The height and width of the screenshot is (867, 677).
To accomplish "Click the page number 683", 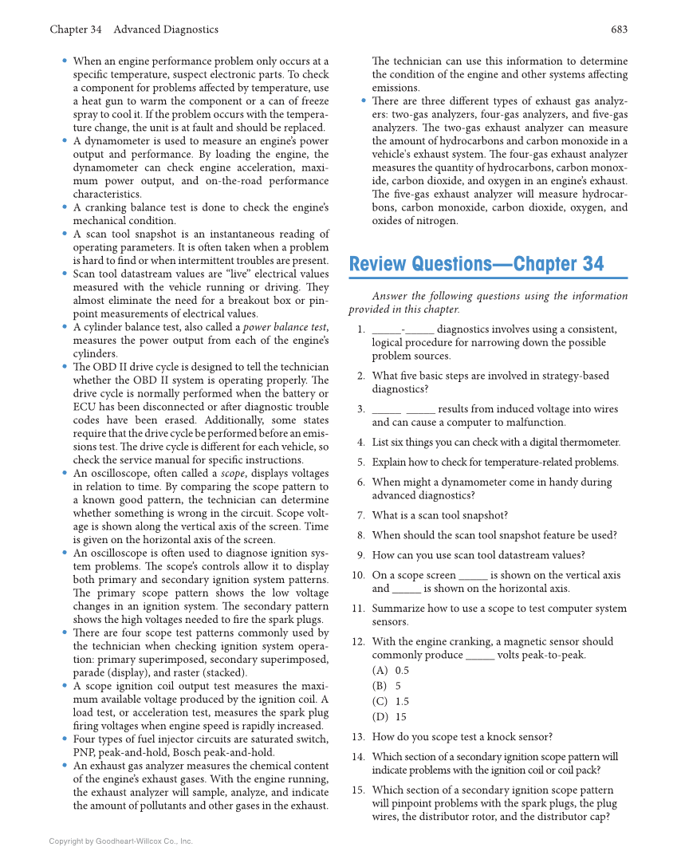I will (x=619, y=30).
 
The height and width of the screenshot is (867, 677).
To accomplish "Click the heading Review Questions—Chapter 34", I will (x=476, y=264).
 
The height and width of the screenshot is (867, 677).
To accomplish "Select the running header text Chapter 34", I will (x=75, y=30).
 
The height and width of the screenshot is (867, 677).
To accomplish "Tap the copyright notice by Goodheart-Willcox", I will (x=120, y=841).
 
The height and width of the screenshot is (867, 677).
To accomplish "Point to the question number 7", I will (x=360, y=516).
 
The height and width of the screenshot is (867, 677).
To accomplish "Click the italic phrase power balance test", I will (x=284, y=327).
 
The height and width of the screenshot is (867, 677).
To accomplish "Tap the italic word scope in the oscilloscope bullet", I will (x=233, y=473).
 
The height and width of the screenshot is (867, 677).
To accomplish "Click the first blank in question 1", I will (x=386, y=329).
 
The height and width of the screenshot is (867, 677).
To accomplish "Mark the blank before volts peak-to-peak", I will (x=479, y=656).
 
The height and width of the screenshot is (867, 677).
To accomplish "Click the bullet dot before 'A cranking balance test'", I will (x=64, y=207).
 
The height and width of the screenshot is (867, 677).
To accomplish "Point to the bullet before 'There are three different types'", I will (x=364, y=101).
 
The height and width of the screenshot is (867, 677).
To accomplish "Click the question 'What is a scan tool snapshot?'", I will (x=439, y=516).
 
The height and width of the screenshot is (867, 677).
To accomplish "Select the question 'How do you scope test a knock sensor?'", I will (x=462, y=738).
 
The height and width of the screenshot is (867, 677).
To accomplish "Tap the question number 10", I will (x=358, y=575).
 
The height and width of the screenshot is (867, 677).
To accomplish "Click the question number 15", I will (x=358, y=790).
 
